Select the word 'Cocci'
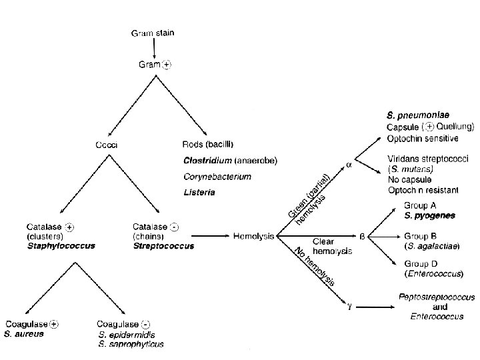(x=107, y=145)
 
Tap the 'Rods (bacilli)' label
(x=208, y=144)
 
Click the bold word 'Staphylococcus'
(x=61, y=245)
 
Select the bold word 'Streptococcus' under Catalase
(x=163, y=246)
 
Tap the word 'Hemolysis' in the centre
(x=253, y=236)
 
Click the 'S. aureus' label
(x=24, y=333)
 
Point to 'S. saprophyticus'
(x=131, y=344)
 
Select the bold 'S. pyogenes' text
(x=429, y=216)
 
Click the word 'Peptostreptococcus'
(x=437, y=297)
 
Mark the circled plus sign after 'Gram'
(x=167, y=65)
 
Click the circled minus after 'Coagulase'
(x=145, y=324)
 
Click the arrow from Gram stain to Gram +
(x=155, y=48)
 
